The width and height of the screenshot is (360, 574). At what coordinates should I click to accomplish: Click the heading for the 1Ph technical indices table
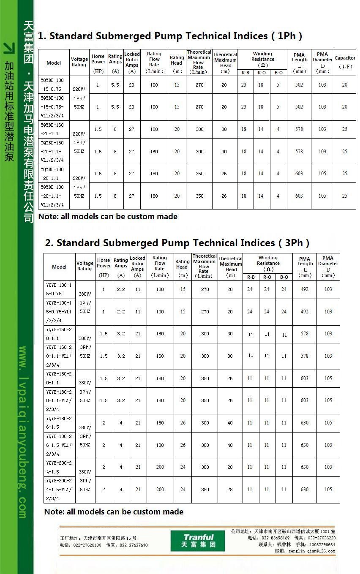[170, 36]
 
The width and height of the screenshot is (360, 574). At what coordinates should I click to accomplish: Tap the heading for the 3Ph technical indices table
[177, 243]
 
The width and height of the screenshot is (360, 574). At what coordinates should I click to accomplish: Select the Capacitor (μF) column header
[345, 62]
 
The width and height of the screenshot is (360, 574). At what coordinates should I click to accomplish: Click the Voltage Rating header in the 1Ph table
[79, 62]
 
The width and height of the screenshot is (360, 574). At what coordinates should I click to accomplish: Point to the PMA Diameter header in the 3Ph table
[328, 267]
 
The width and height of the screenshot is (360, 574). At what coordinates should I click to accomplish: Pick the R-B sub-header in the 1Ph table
[245, 73]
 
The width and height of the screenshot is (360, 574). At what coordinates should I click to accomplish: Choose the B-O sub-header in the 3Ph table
[284, 277]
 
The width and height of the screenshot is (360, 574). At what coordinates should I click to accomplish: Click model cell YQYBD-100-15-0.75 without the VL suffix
[53, 84]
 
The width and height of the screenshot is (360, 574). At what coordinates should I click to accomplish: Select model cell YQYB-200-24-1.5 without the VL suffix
[59, 467]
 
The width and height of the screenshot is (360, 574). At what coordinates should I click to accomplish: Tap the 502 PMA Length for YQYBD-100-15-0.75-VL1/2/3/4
[299, 107]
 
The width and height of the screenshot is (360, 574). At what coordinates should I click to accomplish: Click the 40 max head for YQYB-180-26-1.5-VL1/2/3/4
[230, 445]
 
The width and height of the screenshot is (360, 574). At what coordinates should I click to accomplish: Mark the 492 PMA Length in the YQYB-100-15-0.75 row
[305, 289]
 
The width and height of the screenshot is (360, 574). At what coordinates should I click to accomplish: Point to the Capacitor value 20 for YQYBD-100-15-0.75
[345, 85]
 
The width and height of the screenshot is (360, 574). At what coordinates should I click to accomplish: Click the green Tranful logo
[198, 541]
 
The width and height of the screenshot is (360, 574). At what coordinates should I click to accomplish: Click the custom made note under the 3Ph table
[114, 511]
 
